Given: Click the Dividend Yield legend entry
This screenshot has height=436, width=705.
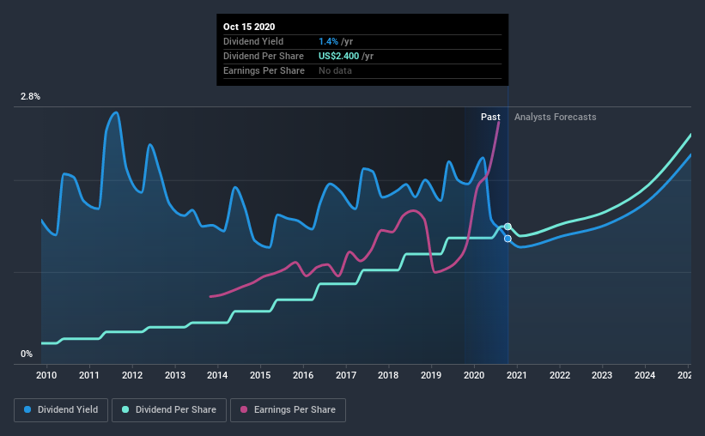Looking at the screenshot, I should click(61, 410).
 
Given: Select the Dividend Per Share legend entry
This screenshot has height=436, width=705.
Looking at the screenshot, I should click(174, 410).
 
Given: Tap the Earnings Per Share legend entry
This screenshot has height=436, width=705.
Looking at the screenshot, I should click(288, 410).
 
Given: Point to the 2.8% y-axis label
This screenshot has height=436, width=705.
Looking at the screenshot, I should click(30, 97).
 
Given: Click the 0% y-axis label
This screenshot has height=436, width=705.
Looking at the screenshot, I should click(27, 354).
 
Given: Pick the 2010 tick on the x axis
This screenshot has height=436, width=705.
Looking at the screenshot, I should click(46, 375).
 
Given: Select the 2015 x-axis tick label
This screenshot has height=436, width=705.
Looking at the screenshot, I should click(260, 375).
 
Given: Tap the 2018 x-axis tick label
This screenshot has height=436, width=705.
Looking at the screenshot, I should click(388, 375).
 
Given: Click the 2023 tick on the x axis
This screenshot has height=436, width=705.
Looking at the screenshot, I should click(602, 375).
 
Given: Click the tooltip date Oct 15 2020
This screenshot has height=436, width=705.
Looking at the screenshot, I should click(251, 27).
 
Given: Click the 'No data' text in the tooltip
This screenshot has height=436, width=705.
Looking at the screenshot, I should click(335, 70).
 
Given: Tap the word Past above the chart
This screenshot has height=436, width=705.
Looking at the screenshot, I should click(490, 117).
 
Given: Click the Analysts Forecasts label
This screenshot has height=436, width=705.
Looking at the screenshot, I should click(555, 117).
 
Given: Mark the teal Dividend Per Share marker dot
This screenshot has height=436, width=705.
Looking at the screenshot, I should click(507, 227).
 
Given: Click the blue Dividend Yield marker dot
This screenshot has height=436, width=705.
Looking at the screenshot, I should click(507, 239).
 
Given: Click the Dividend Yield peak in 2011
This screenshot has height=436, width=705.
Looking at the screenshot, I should click(116, 112).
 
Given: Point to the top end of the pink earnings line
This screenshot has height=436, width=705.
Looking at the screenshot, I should click(499, 122).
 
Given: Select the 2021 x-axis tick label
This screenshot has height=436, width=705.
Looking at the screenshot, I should click(516, 375).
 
